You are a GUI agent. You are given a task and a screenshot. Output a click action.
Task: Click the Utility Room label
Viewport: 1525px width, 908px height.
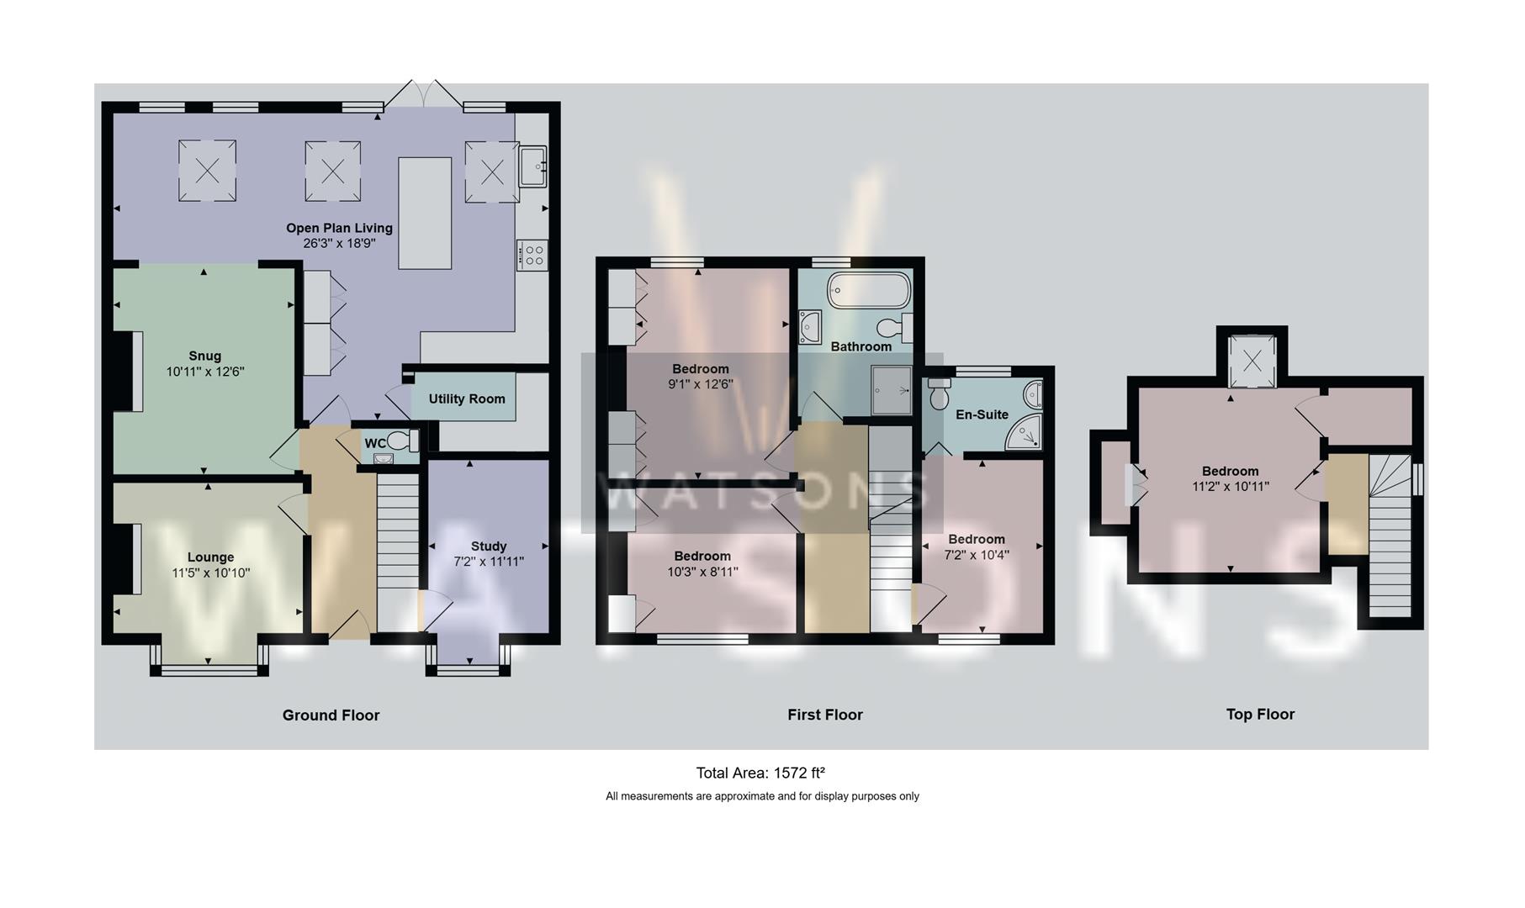pos(467,399)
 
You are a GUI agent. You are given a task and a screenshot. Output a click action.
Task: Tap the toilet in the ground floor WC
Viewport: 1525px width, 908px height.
pos(403,441)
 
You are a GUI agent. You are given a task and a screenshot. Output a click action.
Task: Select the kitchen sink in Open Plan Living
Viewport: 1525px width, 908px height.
pos(533,165)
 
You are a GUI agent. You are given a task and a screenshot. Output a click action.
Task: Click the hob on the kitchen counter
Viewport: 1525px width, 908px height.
pos(533,256)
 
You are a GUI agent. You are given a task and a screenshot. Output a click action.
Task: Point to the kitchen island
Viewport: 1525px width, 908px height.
pos(425,213)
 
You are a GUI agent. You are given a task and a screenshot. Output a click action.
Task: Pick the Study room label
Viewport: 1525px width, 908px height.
pos(489,546)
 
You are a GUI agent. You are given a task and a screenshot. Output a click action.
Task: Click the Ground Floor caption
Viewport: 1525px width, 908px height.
pos(331,715)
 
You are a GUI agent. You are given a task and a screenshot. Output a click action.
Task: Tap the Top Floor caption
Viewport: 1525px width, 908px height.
pos(1260,715)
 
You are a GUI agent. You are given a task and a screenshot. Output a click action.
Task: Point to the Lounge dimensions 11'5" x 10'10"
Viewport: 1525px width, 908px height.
pos(211,573)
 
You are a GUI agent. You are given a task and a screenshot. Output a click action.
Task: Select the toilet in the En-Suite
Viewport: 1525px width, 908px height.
pos(940,392)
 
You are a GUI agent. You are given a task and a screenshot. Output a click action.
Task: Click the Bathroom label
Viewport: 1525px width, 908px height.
pos(861,346)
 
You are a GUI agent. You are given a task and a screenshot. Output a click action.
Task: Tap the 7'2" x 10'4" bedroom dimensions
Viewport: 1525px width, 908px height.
pos(977,555)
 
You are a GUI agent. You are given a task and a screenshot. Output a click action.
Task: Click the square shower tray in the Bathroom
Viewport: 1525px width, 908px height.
pos(892,390)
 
